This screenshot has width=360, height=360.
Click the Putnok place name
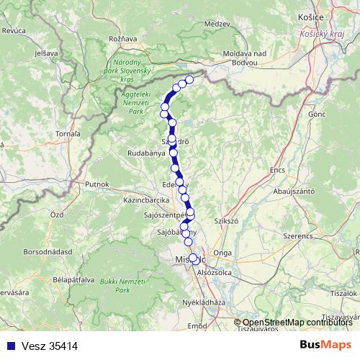[x=96, y=184]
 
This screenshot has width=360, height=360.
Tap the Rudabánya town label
[x=148, y=153]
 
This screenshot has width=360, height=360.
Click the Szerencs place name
[x=300, y=236]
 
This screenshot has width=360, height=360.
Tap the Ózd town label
[x=57, y=215]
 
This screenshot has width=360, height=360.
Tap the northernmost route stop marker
[x=190, y=79]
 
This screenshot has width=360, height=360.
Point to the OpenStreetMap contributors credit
[x=296, y=322]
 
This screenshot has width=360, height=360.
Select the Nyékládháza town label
[x=205, y=303]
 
